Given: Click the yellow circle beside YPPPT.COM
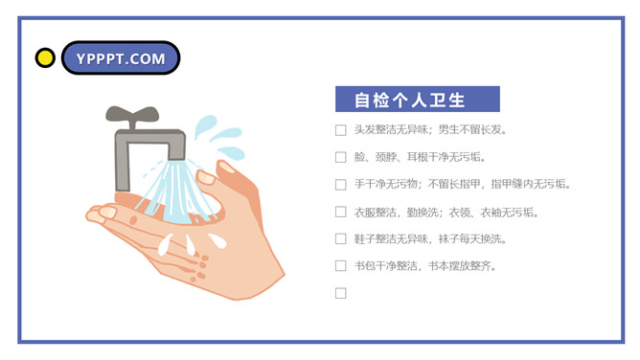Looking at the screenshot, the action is click(45, 57).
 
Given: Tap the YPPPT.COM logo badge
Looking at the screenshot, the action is click(121, 57).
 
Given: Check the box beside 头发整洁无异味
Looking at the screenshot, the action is click(341, 130).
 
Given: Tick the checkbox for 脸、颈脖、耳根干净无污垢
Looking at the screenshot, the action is click(341, 157).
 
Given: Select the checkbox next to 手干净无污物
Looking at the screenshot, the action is click(341, 185).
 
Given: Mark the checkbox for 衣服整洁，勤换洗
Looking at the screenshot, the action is click(341, 212).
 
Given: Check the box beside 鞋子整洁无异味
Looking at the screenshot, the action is click(341, 239).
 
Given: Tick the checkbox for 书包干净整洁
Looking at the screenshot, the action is click(341, 266).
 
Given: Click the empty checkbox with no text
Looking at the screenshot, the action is click(341, 293).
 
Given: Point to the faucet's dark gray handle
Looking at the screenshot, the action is click(132, 115).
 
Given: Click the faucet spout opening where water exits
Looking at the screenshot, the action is click(176, 158).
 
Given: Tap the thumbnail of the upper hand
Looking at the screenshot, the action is click(225, 167).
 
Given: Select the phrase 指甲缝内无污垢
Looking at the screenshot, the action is click(531, 184).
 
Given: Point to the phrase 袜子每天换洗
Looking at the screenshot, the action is click(472, 239).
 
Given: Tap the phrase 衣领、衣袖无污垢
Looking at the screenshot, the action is click(493, 212).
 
